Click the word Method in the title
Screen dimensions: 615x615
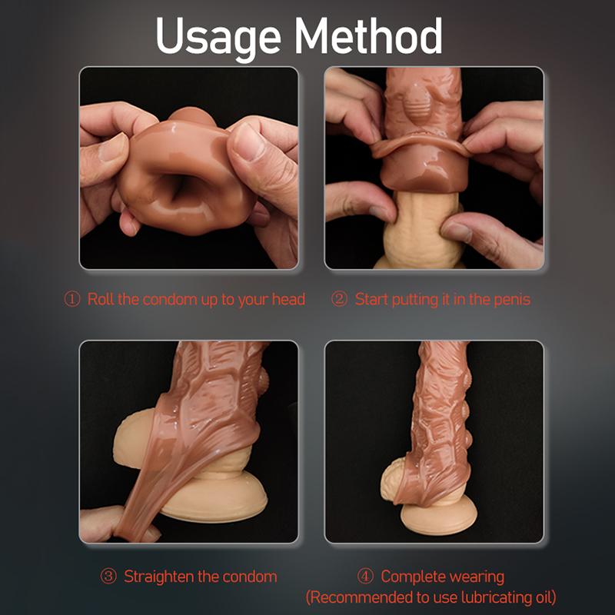coord(368,36)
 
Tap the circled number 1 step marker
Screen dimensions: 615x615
coord(72,299)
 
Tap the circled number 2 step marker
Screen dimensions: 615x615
coord(339,299)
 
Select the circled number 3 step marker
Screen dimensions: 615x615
coord(108,577)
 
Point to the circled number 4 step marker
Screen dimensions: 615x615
coord(365,577)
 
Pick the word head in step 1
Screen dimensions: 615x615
coord(288,299)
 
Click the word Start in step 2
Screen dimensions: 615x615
coord(371,299)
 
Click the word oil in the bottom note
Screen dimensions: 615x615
coord(544,597)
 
